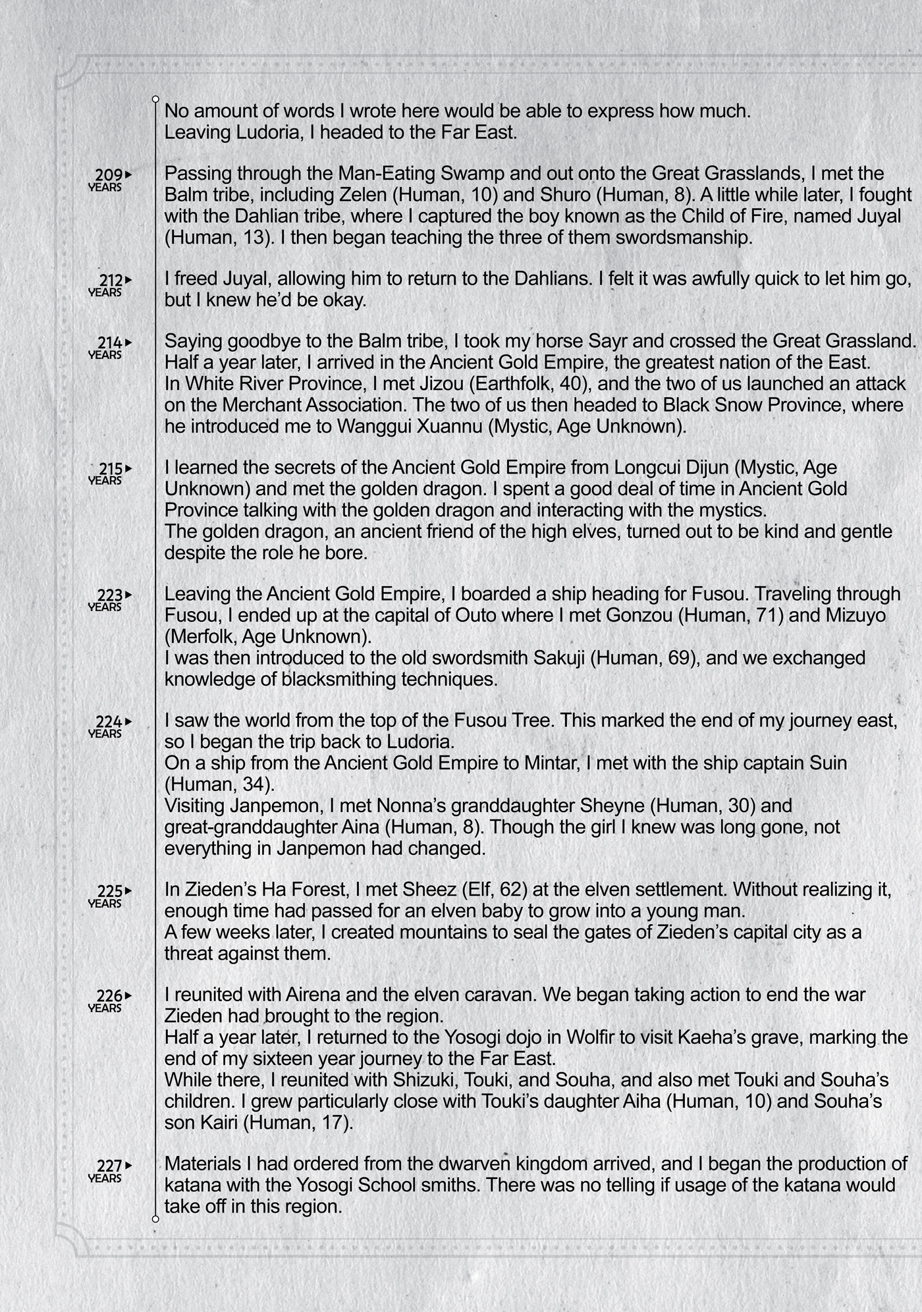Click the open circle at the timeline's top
click(155, 99)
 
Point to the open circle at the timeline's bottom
click(155, 1219)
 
